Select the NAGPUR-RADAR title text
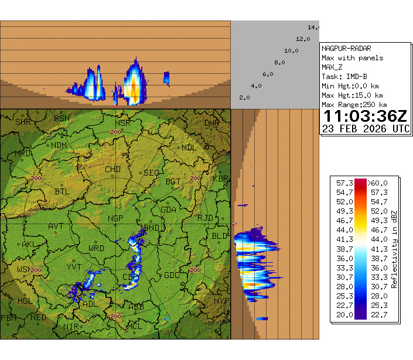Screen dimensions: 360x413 coord(346,49)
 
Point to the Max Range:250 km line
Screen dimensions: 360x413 coord(354,105)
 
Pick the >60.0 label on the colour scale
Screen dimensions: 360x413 coord(377,183)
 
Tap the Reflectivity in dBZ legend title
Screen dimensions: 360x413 coord(394,249)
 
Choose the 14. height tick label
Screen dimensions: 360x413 coord(313,28)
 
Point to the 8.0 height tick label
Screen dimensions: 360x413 coord(279,63)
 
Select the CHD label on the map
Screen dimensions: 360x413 coord(112,170)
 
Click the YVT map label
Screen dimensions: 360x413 coord(74,267)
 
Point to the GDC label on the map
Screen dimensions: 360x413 coord(172,275)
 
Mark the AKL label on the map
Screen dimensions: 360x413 coord(29,244)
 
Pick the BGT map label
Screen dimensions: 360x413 coord(173,182)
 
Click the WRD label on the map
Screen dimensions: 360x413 coord(96,248)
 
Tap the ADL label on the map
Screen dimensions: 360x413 coord(91,304)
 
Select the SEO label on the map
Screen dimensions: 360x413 coord(151,173)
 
